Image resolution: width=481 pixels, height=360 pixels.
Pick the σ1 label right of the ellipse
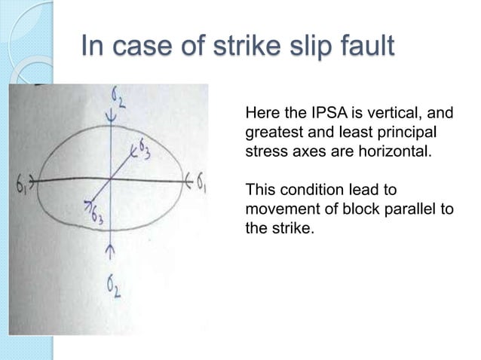[x=201, y=182]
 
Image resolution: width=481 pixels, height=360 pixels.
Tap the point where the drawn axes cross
[x=112, y=182]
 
